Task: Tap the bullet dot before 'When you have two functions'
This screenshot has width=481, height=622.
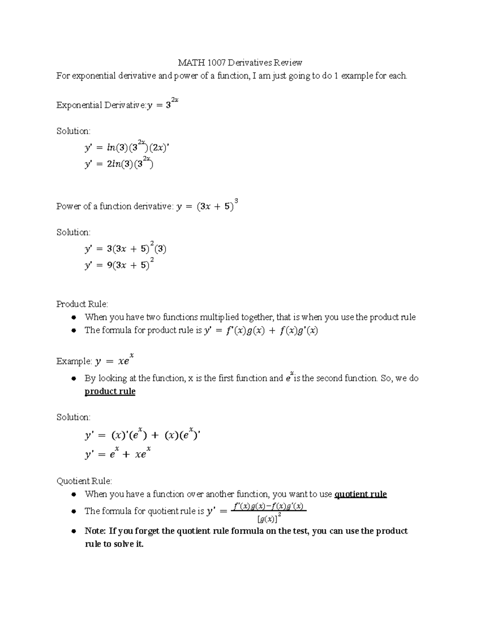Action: [74, 318]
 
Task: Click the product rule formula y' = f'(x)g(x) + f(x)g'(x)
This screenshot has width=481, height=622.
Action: [261, 331]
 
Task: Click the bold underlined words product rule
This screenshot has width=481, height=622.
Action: [110, 391]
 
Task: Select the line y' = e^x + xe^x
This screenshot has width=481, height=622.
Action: [117, 454]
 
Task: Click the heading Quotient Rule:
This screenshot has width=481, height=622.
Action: [84, 481]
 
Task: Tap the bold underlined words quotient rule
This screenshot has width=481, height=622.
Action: [360, 494]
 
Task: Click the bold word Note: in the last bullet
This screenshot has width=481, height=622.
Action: [95, 531]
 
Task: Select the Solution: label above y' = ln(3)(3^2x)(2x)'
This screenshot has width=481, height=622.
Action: [73, 131]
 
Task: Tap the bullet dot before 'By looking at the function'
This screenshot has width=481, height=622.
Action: [74, 378]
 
